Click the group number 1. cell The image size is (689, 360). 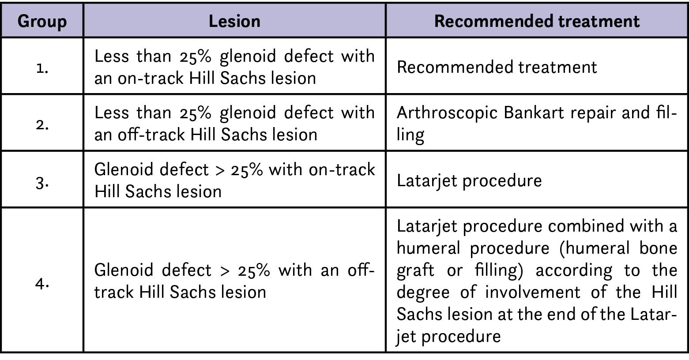coord(42,68)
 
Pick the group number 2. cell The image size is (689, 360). coord(42,125)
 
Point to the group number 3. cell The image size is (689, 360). coord(42,183)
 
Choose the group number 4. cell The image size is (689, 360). coord(42,283)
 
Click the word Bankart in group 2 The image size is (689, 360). coord(534,112)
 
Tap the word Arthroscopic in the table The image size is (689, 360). coord(447,113)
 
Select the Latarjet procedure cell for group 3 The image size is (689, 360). coord(469,180)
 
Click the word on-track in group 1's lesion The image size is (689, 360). coord(151,79)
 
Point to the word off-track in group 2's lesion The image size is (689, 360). coord(151,135)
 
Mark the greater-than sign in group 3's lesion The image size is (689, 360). coord(220,170)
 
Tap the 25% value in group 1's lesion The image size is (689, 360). coord(196,57)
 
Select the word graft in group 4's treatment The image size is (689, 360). coord(415,271)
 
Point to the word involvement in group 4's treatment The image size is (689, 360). coord(533,292)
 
